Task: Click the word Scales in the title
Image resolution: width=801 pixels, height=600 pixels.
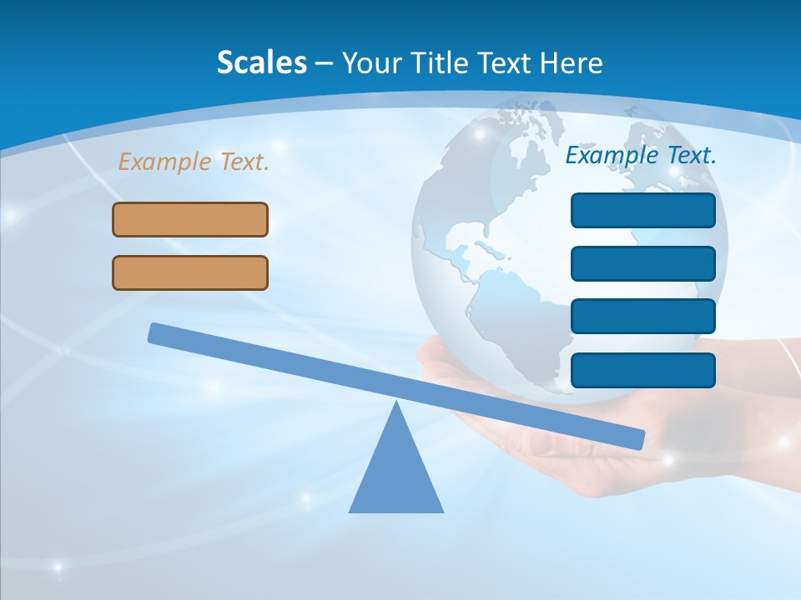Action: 261,62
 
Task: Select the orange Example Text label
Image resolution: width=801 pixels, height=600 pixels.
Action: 194,162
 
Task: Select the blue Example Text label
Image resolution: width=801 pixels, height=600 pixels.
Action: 641,155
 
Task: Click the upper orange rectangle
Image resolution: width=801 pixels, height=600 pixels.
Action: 190,219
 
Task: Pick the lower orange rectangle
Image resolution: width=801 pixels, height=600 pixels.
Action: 190,272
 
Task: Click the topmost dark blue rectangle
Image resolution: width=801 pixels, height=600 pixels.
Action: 642,210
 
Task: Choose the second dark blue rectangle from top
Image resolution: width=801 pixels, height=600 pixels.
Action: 642,263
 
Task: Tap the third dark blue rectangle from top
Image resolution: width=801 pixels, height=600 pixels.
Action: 642,316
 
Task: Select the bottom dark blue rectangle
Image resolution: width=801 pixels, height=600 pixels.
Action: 642,370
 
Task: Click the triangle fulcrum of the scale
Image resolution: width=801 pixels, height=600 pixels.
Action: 396,475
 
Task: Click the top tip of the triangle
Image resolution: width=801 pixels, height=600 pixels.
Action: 396,404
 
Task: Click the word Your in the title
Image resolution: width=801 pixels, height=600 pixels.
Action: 370,62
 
